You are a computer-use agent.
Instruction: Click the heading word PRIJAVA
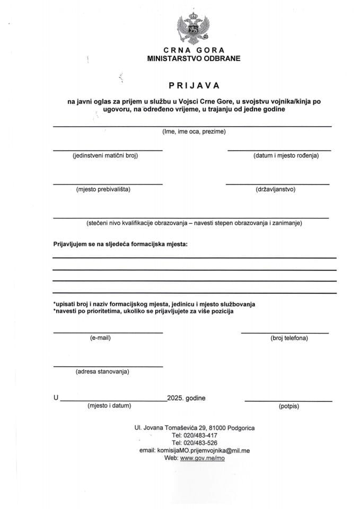point(194,84)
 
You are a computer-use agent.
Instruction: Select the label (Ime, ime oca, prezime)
point(194,131)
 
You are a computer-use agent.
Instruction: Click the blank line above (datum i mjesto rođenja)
point(279,151)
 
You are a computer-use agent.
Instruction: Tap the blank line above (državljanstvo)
point(277,184)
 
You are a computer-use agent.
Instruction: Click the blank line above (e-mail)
point(108,332)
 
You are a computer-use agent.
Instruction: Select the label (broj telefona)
point(289,338)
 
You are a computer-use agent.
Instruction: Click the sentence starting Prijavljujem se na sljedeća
point(120,244)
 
